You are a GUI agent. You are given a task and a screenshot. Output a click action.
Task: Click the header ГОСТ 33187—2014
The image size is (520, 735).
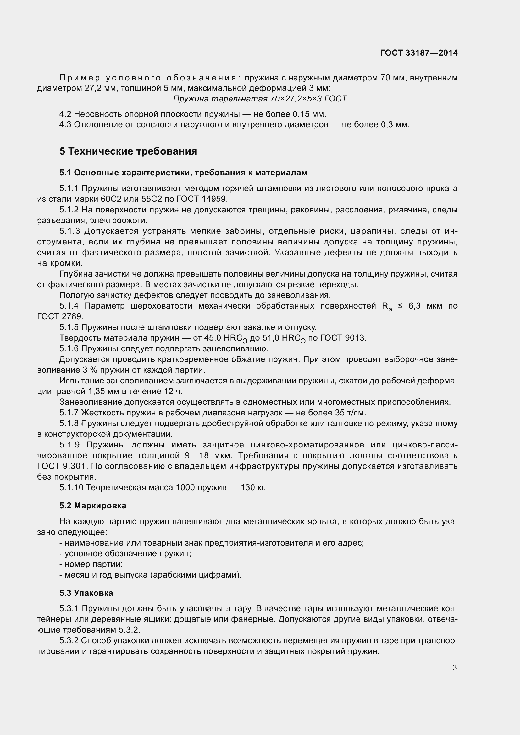(x=418, y=53)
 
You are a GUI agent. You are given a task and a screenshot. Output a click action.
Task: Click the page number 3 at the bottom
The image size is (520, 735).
(x=455, y=667)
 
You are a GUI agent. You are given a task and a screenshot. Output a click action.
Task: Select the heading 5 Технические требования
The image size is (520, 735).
(x=128, y=151)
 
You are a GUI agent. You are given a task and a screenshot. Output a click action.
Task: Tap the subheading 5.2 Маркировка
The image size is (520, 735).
(x=92, y=506)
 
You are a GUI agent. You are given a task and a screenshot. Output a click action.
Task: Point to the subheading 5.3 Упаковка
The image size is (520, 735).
(x=86, y=593)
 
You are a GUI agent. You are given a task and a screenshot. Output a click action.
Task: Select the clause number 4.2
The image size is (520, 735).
(x=65, y=114)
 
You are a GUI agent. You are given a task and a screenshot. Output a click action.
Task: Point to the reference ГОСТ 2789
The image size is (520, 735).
(x=60, y=317)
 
